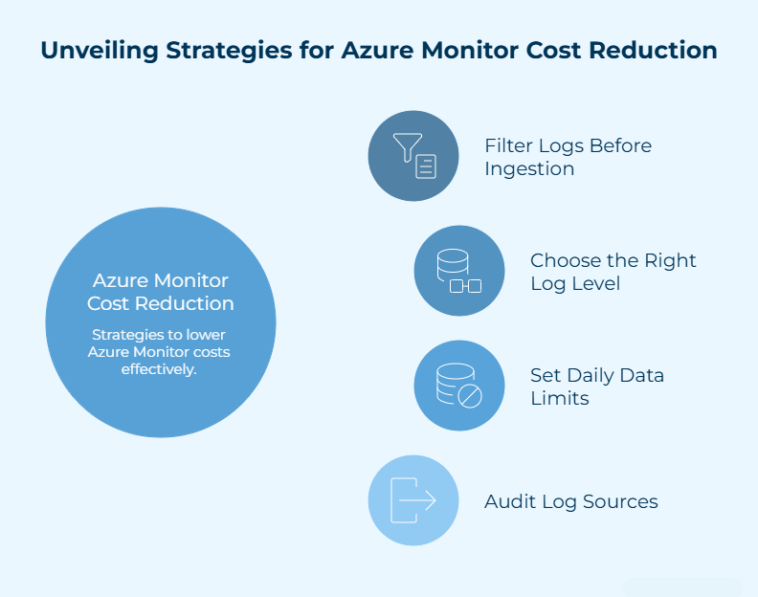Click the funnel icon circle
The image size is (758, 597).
coord(413,156)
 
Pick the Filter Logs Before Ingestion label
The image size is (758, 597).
coord(568,157)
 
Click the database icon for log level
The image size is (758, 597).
coord(459,271)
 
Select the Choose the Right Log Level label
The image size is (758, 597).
coord(613,272)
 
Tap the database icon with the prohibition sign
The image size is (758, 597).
coord(459,386)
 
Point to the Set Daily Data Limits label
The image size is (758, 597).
coord(597,387)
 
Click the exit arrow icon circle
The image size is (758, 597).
coord(413,500)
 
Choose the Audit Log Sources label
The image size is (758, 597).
coord(571,501)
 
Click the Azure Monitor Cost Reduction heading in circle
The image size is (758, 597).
coord(161,292)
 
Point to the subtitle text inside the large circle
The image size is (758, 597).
coord(161,351)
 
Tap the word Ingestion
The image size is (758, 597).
coord(529,169)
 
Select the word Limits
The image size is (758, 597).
coord(560,398)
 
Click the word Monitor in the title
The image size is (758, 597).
coord(477,51)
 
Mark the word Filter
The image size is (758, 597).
coord(507,145)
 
